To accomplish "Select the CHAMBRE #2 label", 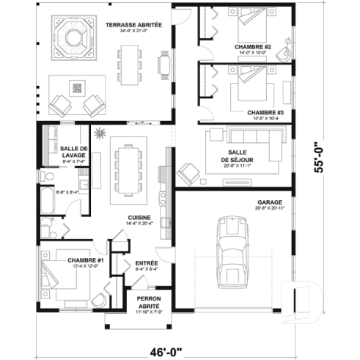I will click(253, 48).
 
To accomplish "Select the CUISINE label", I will click(139, 218).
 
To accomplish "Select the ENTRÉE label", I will click(147, 262).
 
